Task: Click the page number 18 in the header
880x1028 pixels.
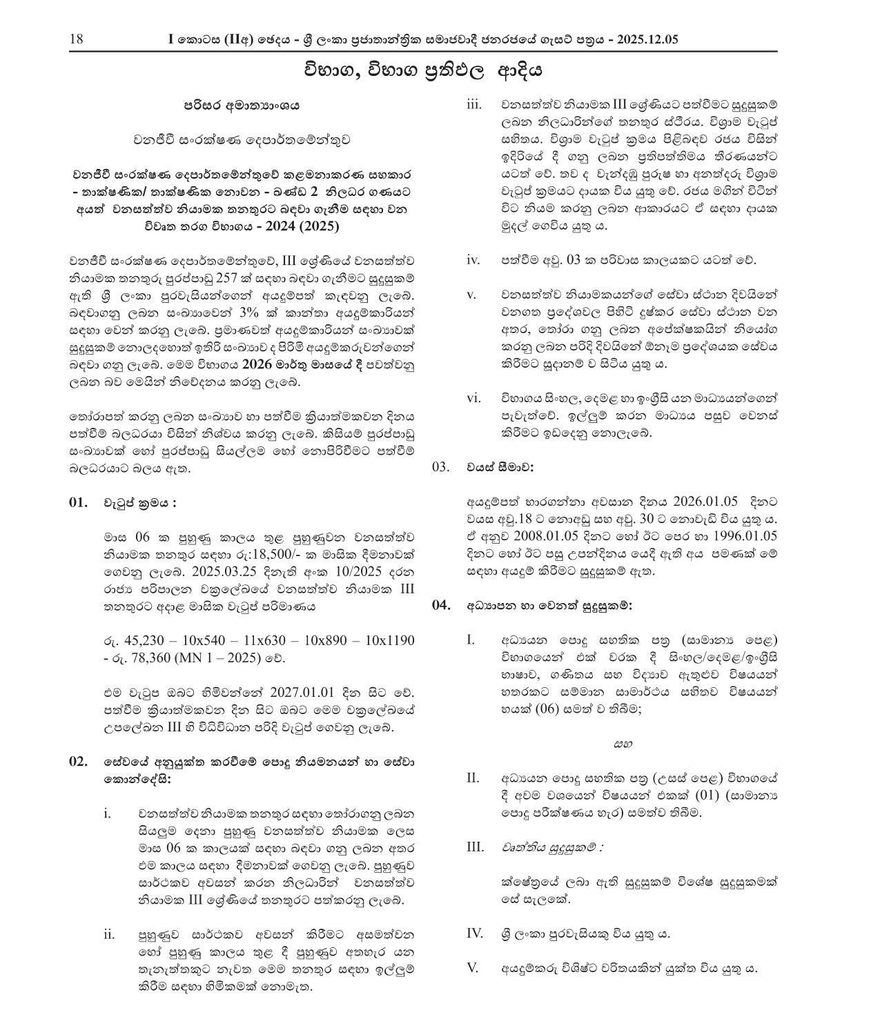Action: (x=76, y=39)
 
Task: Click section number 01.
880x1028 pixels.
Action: (x=79, y=502)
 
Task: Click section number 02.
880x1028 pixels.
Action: (x=79, y=762)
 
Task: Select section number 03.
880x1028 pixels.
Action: (x=441, y=467)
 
